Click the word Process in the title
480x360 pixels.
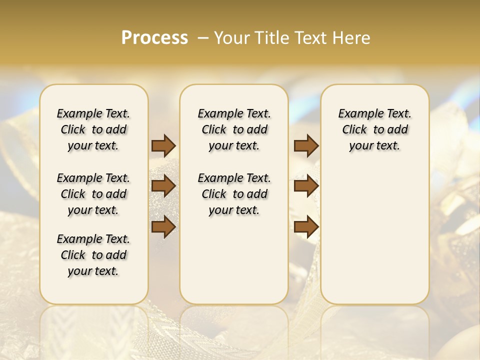[154, 38]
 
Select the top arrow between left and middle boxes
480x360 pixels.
[163, 146]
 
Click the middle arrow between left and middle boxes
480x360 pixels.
[163, 186]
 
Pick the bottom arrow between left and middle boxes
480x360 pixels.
[163, 227]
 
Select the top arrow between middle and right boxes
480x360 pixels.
[306, 146]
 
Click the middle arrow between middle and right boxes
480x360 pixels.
[306, 186]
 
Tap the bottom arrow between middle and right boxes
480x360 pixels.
[306, 227]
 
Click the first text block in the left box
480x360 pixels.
[93, 129]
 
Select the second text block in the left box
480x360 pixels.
[93, 194]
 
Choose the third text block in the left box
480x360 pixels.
[93, 255]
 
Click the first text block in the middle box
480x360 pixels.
[234, 129]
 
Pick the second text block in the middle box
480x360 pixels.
[234, 194]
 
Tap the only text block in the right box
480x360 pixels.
[374, 129]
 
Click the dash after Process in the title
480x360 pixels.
[203, 38]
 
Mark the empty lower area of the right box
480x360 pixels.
[374, 235]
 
